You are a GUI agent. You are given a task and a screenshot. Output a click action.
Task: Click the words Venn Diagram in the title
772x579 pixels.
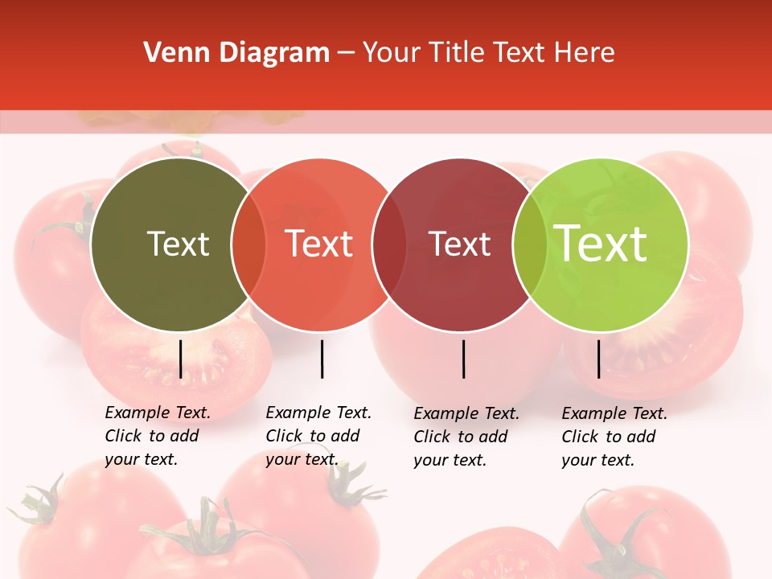tap(236, 53)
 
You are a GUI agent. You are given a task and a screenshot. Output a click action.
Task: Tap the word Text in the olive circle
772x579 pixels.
tap(178, 244)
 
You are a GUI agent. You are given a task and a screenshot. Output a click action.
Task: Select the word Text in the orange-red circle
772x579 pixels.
tap(319, 244)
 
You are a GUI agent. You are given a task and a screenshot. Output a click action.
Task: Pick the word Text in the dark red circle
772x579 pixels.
tap(459, 244)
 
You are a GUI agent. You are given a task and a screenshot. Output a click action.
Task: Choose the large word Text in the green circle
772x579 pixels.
tap(601, 243)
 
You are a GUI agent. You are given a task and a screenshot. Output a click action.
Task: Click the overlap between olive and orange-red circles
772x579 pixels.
tap(248, 244)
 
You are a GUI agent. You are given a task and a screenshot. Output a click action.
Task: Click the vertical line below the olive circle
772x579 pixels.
tap(181, 359)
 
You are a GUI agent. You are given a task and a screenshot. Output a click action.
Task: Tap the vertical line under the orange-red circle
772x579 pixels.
tap(322, 359)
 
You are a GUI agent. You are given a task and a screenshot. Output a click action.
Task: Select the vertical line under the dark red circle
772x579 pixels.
tap(464, 359)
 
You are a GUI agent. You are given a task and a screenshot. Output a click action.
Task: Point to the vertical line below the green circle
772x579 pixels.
tap(599, 359)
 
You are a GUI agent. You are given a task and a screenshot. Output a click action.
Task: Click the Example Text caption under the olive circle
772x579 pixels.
tap(158, 413)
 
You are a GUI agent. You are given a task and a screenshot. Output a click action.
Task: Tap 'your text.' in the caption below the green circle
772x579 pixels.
tap(597, 460)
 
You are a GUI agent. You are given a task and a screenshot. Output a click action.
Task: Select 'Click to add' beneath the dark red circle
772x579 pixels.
tap(461, 437)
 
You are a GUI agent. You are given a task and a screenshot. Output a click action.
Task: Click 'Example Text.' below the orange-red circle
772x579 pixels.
tap(318, 413)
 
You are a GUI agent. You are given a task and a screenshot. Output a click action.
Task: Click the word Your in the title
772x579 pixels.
tap(392, 53)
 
